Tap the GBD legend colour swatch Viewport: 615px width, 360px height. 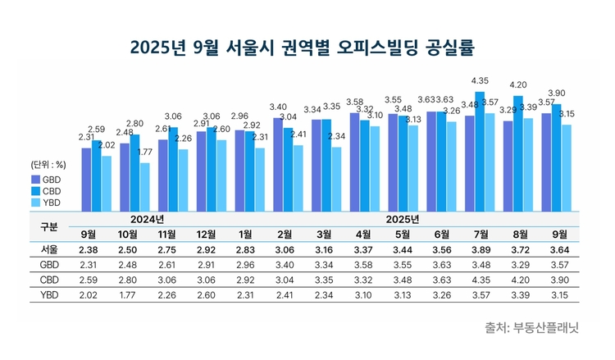point(36,178)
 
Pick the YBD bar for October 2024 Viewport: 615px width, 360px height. point(144,186)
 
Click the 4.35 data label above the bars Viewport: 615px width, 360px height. point(481,81)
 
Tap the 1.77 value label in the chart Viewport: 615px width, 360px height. point(145,153)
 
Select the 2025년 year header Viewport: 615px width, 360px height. point(399,219)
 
